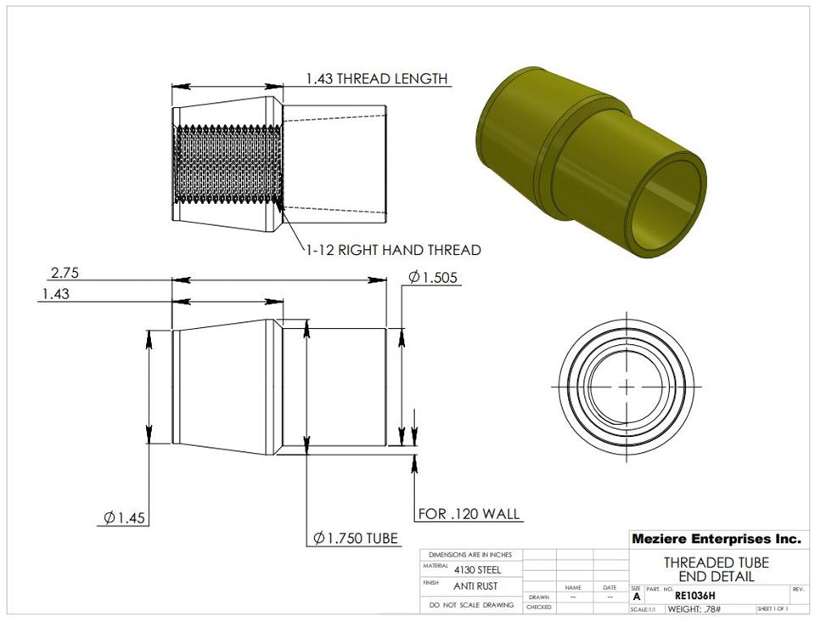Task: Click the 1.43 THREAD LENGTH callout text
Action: click(376, 79)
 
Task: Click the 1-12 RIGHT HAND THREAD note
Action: click(393, 250)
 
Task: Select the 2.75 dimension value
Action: click(65, 273)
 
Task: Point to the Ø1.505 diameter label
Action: click(434, 277)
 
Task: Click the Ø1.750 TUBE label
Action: click(355, 538)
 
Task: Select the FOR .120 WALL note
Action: click(469, 514)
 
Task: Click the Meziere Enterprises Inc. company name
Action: click(716, 539)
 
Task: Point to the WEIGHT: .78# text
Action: click(694, 609)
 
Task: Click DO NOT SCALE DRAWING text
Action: click(471, 605)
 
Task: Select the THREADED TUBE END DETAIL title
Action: click(716, 569)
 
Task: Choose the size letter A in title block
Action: click(637, 597)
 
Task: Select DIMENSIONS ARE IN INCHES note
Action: click(470, 554)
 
